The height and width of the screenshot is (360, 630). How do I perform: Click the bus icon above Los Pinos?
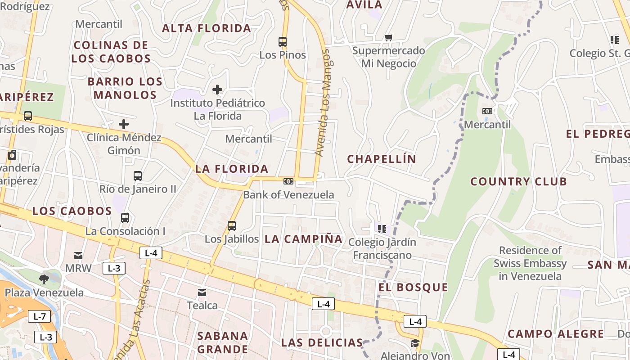[283, 42]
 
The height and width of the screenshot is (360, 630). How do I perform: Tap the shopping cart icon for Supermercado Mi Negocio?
[388, 37]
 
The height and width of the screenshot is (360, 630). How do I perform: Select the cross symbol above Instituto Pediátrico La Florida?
[217, 90]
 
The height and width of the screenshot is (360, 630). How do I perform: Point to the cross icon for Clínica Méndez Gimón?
[124, 124]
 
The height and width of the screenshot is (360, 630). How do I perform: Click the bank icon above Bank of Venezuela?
[288, 181]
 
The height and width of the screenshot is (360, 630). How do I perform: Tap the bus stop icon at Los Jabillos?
[232, 225]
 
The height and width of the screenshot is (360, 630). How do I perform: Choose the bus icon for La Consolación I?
[125, 218]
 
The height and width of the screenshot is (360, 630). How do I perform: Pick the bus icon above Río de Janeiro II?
[138, 176]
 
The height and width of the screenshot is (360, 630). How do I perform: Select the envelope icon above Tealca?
[202, 292]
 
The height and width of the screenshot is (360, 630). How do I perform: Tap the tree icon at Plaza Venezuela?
[44, 279]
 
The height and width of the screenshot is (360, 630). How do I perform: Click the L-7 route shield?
[39, 316]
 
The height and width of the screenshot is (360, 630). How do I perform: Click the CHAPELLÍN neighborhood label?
[382, 159]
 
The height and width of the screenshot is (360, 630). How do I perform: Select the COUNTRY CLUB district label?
[518, 182]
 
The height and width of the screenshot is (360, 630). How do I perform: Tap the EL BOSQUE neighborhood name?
[413, 288]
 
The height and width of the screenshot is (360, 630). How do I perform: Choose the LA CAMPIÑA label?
[304, 239]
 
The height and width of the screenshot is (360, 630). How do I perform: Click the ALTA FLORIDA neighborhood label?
[207, 28]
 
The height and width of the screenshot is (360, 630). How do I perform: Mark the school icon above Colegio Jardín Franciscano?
[382, 229]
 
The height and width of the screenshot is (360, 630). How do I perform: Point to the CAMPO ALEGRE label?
[556, 334]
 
